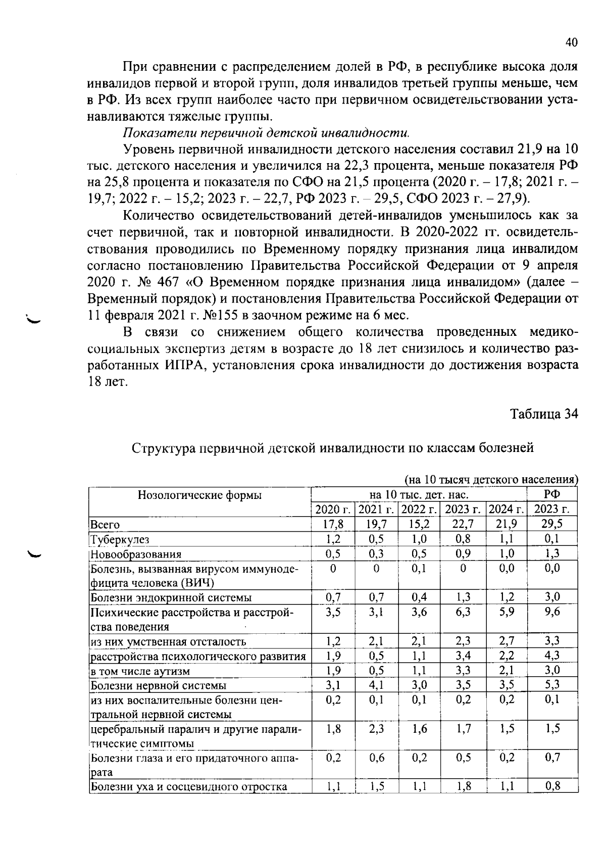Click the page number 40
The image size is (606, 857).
[571, 43]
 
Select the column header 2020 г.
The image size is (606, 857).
[333, 509]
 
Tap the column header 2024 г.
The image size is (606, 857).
[507, 509]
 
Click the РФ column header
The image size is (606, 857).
[552, 494]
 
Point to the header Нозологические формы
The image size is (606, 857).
[199, 495]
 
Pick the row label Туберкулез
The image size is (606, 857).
[120, 539]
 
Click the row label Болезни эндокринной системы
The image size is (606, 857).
[171, 598]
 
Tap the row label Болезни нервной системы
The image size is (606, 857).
[158, 685]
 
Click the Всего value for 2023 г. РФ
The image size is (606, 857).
[552, 524]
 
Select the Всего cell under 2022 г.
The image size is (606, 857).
[419, 524]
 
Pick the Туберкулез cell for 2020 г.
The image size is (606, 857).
[333, 539]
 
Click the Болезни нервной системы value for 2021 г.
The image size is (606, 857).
[377, 685]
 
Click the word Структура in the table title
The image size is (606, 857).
[162, 448]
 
